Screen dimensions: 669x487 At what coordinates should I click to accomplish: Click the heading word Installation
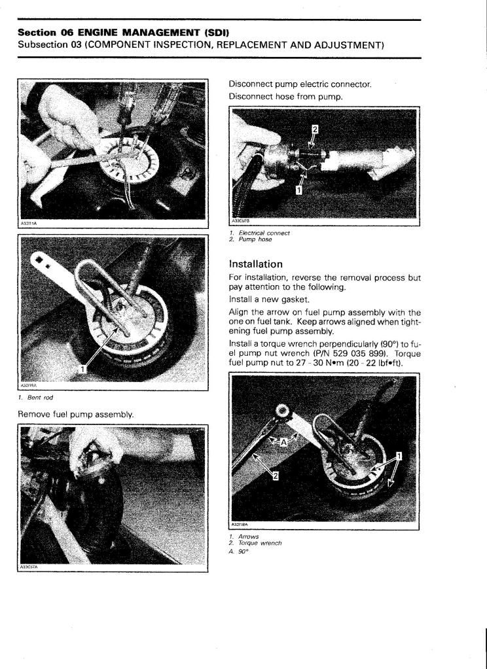point(256,264)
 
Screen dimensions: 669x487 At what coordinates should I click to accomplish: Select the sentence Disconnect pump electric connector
point(300,84)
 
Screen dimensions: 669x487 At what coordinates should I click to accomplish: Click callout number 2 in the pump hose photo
point(314,129)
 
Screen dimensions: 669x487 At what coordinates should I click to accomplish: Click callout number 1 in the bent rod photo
point(82,370)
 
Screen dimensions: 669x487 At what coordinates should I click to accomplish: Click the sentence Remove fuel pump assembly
point(76,415)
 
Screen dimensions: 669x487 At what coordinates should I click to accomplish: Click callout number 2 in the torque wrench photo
point(276,476)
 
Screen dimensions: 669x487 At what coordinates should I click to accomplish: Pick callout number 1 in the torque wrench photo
point(399,456)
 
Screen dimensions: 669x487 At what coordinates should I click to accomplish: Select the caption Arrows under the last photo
point(247,537)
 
